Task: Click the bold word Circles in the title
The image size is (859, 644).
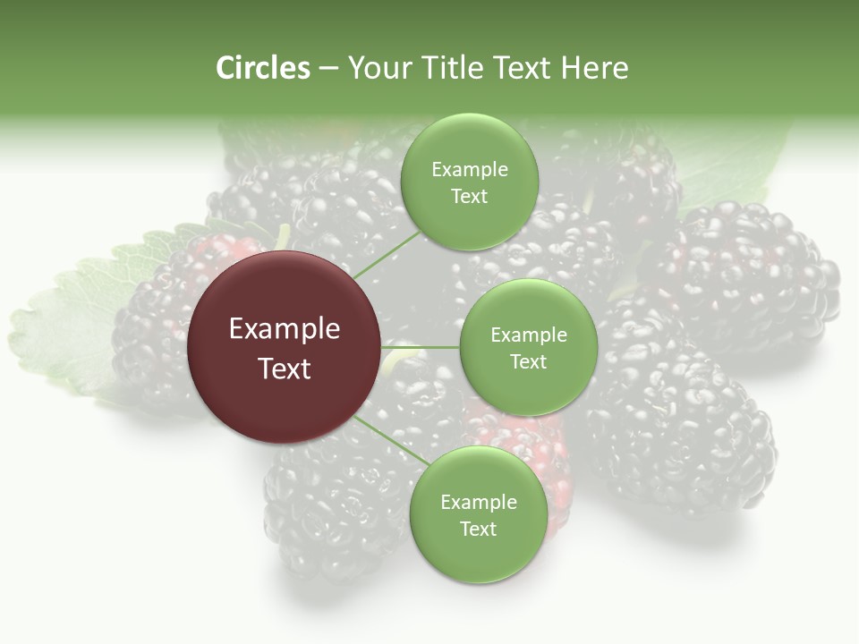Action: click(263, 68)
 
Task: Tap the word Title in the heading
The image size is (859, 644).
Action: click(451, 68)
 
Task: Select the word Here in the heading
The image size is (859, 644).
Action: click(593, 68)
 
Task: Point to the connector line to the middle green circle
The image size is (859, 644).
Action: click(421, 347)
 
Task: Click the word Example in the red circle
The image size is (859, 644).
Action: click(285, 329)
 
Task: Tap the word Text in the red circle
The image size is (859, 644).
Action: click(285, 369)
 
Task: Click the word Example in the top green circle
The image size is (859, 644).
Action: click(470, 170)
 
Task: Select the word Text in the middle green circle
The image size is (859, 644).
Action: click(529, 361)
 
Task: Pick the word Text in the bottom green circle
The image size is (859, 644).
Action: click(479, 529)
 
